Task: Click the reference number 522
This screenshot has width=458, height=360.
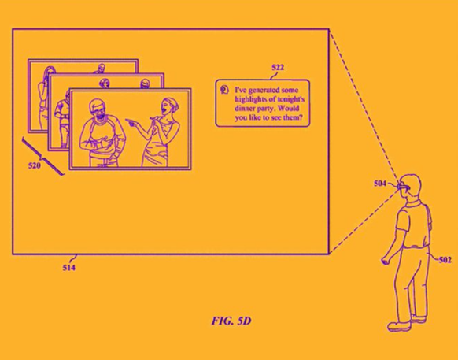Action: click(x=278, y=68)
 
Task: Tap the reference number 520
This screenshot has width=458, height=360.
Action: click(x=34, y=165)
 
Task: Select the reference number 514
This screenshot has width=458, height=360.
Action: click(x=69, y=268)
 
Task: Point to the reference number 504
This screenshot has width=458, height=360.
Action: click(x=380, y=184)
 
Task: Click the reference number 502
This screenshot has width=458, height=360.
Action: click(x=445, y=260)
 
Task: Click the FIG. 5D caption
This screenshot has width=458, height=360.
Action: click(x=231, y=321)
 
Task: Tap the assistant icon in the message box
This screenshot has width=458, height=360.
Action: click(x=224, y=90)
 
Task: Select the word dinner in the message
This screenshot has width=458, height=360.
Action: click(x=245, y=108)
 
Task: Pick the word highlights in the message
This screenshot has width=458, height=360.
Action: click(x=250, y=99)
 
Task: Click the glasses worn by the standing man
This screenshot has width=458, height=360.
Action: click(x=403, y=186)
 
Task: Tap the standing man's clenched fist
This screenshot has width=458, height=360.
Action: click(x=386, y=261)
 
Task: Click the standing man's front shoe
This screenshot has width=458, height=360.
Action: click(x=399, y=326)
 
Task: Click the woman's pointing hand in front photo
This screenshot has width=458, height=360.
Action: click(x=130, y=122)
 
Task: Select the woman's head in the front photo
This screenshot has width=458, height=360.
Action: click(x=168, y=106)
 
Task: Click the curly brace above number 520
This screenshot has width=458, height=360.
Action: click(x=42, y=157)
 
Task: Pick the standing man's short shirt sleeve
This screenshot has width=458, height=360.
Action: click(x=402, y=219)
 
